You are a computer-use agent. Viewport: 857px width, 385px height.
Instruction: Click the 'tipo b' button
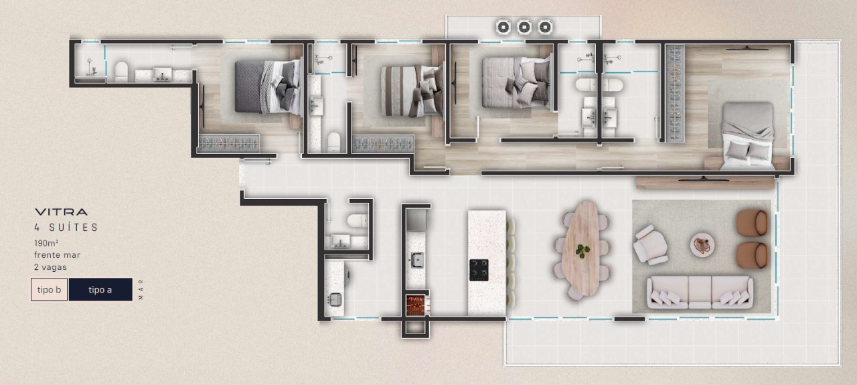tap(49, 289)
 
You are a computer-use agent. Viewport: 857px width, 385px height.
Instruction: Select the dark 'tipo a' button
tap(100, 289)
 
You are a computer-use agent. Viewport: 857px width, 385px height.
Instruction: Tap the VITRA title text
tap(61, 212)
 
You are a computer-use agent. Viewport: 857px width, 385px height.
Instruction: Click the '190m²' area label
tap(46, 243)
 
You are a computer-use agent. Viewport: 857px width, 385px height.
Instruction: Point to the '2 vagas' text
tap(50, 267)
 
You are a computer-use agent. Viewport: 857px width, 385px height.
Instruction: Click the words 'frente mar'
tap(57, 255)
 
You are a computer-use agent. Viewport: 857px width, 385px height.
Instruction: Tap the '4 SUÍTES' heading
tap(66, 228)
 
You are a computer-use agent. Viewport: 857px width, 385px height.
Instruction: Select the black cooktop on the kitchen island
tap(479, 270)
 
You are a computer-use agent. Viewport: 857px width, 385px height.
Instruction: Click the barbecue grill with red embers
tap(416, 305)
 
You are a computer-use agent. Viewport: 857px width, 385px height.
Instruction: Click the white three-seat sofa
tap(700, 293)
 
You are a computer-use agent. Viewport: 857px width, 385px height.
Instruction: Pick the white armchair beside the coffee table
tap(649, 245)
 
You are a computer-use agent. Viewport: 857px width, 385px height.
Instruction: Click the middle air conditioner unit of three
tap(524, 27)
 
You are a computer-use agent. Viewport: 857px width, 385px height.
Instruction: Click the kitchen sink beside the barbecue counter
tap(417, 260)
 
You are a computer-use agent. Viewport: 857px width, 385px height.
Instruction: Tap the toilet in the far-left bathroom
tap(121, 72)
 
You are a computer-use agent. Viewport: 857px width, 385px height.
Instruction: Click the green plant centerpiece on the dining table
tap(582, 250)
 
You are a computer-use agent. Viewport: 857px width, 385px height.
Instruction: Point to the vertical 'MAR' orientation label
tap(141, 289)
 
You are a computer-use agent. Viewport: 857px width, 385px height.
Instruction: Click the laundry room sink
tap(335, 299)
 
